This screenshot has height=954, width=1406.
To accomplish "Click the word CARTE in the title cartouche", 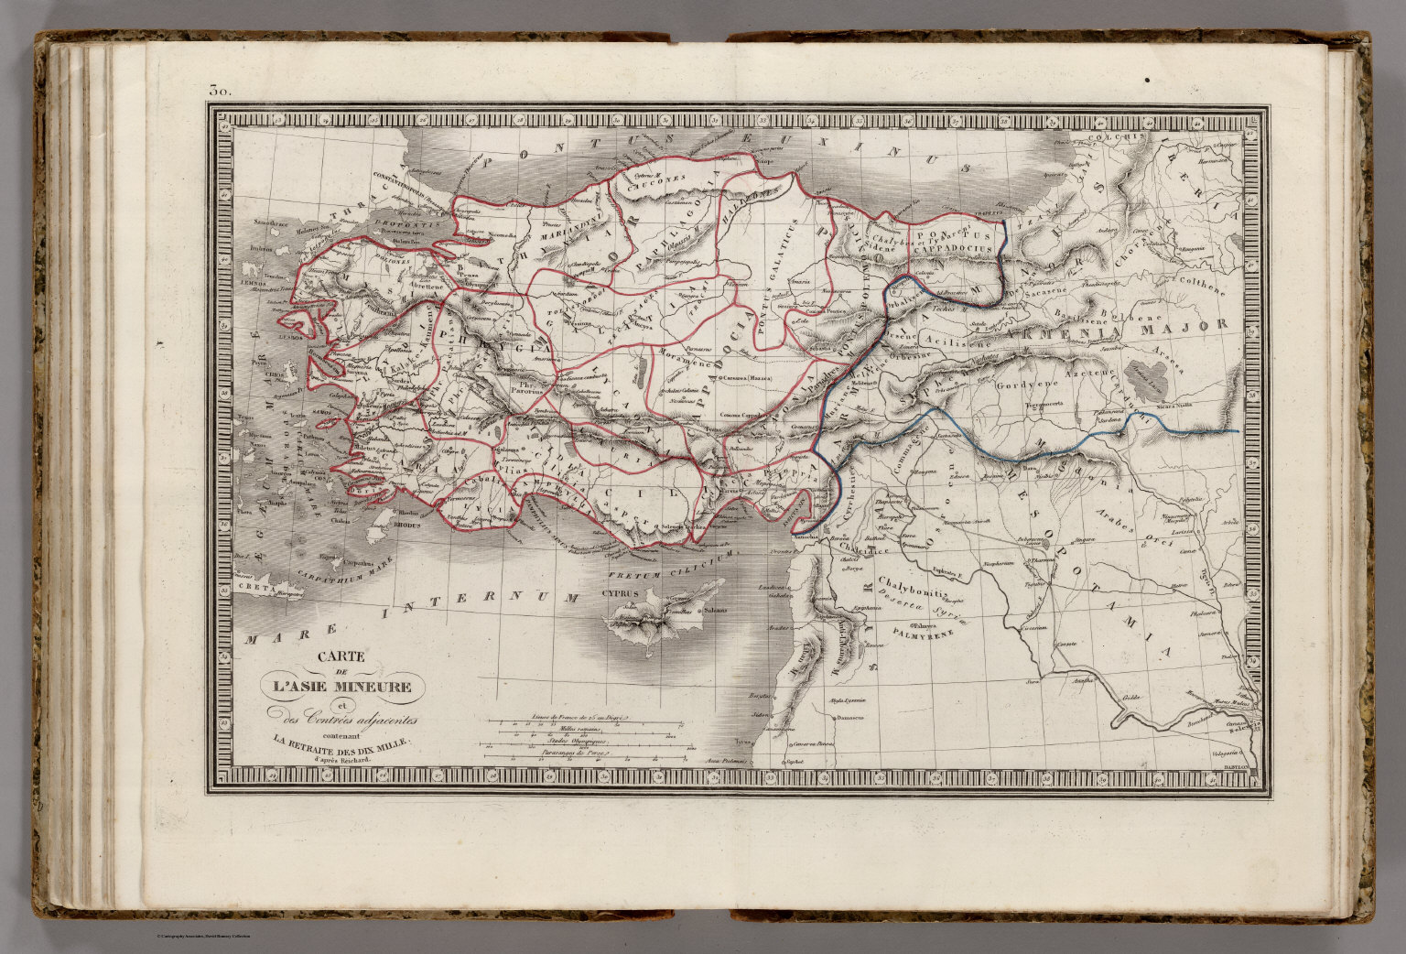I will pos(342,656).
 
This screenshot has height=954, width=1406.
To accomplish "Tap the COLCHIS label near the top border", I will pos(1122,136).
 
